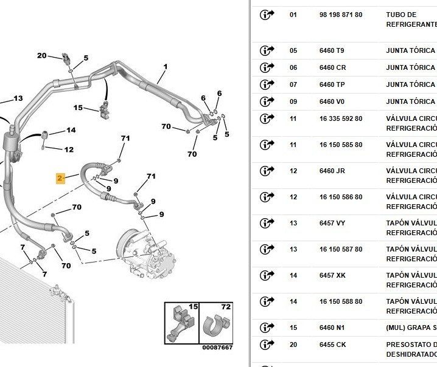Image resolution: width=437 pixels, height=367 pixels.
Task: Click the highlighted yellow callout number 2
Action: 60,178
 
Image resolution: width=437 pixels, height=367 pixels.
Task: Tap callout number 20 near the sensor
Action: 42,56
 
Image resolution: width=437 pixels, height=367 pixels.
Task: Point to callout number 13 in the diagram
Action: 18,98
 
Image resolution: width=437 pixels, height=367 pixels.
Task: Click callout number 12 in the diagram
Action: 69,149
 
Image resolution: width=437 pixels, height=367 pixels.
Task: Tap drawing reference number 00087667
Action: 217,348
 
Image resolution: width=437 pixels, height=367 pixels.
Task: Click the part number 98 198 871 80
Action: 340,15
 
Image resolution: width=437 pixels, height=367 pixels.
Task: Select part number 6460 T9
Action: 332,50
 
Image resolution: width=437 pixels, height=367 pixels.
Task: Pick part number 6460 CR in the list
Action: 332,67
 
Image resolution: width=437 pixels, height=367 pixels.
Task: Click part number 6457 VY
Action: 332,223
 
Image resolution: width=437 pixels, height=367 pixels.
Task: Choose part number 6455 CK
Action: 332,345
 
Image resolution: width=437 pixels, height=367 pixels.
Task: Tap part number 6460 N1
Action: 332,328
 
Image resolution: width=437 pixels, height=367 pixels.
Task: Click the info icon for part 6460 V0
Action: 267,101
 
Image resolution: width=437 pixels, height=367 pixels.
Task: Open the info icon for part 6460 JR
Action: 267,171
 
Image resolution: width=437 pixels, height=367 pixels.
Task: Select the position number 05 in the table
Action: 293,50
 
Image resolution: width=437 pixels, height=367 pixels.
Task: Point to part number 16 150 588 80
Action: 340,301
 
